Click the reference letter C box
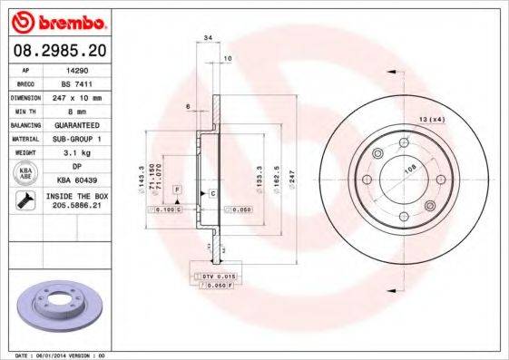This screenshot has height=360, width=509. (212, 194)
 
